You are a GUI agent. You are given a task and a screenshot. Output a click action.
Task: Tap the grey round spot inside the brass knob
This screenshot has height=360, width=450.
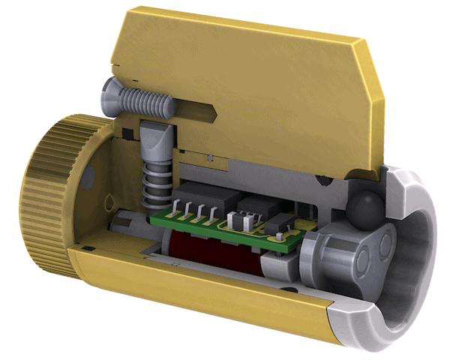pos(89,174)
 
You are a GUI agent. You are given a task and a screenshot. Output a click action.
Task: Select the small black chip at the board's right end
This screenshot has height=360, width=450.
pos(278,223)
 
